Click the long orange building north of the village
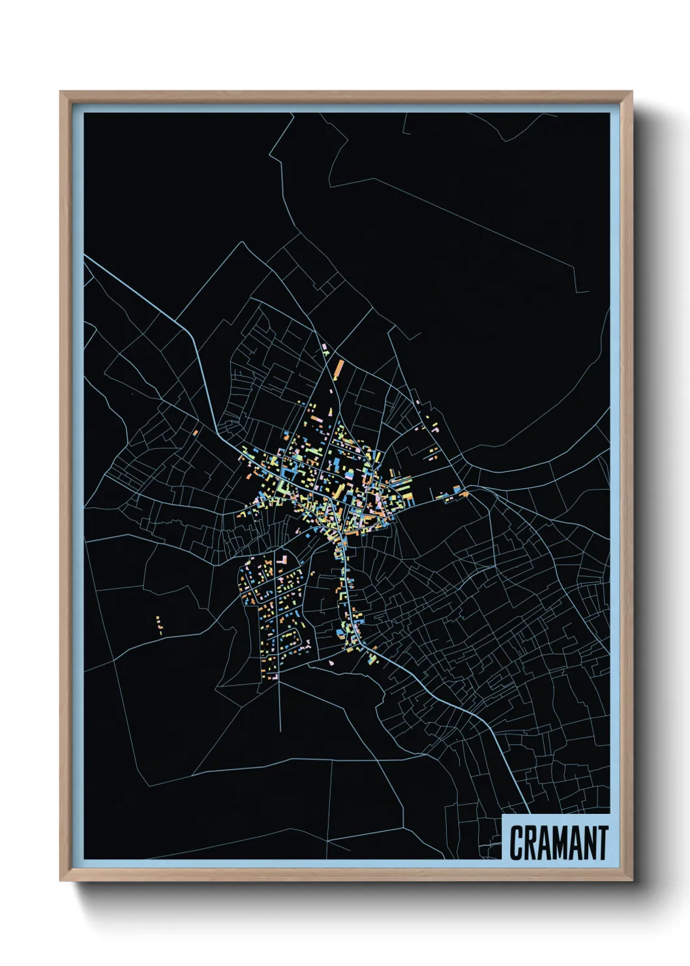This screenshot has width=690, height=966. (338, 369)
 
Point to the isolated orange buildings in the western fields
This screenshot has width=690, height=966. (159, 625)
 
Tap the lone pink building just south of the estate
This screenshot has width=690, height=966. (331, 662)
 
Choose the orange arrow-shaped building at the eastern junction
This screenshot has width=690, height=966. (465, 493)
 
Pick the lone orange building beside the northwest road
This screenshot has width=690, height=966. (196, 431)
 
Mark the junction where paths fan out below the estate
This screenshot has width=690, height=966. (280, 672)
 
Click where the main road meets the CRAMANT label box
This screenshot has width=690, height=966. (527, 814)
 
